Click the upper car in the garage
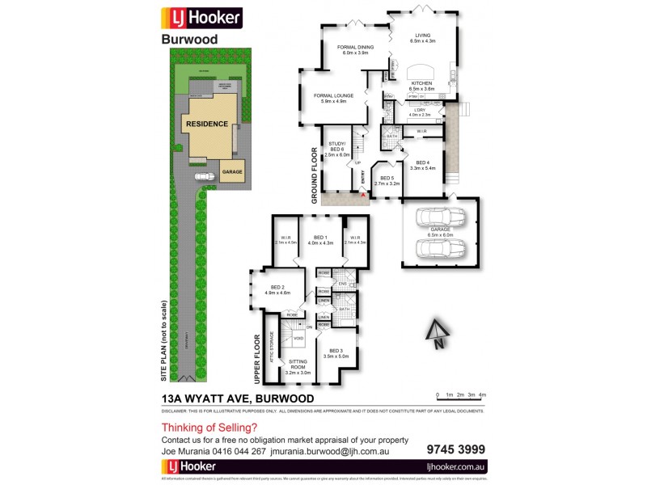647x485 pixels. (x=440, y=218)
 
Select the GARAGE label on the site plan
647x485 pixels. (x=233, y=173)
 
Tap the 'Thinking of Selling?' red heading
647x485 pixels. (x=209, y=428)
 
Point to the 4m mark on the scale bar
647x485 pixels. (x=482, y=395)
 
